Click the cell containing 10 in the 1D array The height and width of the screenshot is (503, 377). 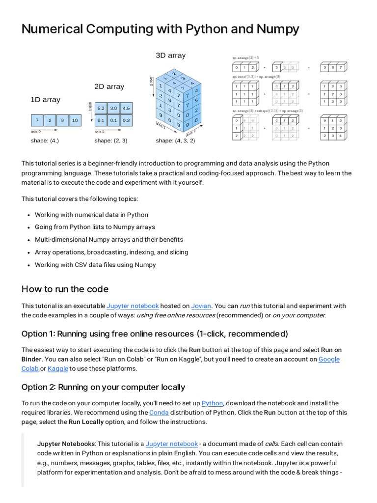75,120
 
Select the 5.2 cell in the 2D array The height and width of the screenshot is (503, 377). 101,108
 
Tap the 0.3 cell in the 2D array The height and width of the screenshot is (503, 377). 126,120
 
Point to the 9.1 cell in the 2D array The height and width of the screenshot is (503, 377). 101,120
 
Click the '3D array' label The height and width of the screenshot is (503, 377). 170,56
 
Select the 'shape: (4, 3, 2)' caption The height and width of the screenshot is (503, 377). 175,140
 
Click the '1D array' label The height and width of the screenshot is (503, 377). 45,100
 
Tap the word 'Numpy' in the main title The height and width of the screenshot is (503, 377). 277,29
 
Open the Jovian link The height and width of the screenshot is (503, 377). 201,306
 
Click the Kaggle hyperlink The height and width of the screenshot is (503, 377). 58,368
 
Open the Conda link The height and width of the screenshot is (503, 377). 159,413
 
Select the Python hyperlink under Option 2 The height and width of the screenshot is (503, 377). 212,403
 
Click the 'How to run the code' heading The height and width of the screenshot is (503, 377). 65,289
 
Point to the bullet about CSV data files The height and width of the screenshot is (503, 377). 95,265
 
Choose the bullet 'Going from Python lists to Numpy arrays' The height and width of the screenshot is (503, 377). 95,227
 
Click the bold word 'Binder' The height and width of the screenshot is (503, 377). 31,359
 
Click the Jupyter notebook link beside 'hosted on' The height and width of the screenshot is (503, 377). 133,306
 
